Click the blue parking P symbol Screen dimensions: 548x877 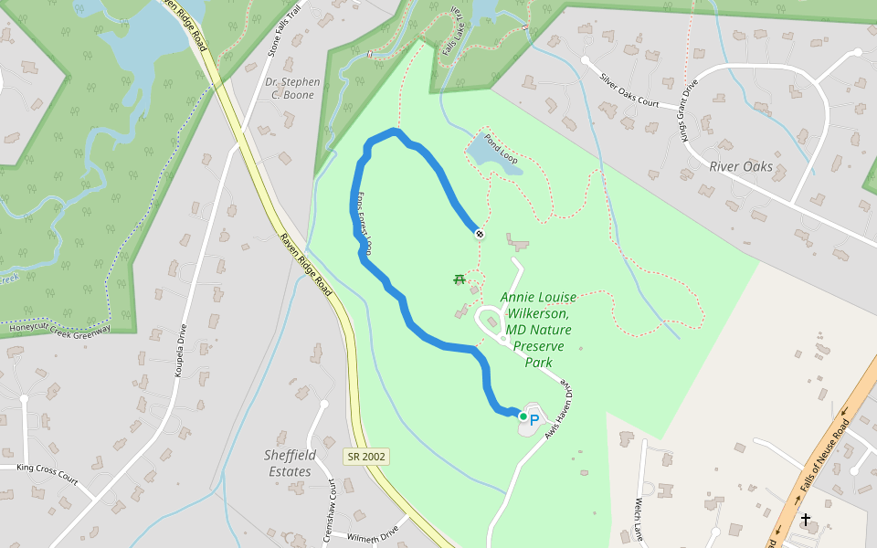(x=534, y=420)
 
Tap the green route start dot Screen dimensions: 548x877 (x=523, y=416)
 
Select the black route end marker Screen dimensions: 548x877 (x=479, y=234)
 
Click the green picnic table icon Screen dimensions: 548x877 (x=460, y=279)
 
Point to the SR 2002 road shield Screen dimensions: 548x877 (x=365, y=456)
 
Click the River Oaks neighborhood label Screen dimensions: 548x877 (x=741, y=167)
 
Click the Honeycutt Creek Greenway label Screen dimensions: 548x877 (x=60, y=326)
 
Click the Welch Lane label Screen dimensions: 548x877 (x=639, y=519)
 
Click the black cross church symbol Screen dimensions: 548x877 (x=806, y=520)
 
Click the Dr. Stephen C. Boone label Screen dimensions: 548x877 (x=293, y=88)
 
